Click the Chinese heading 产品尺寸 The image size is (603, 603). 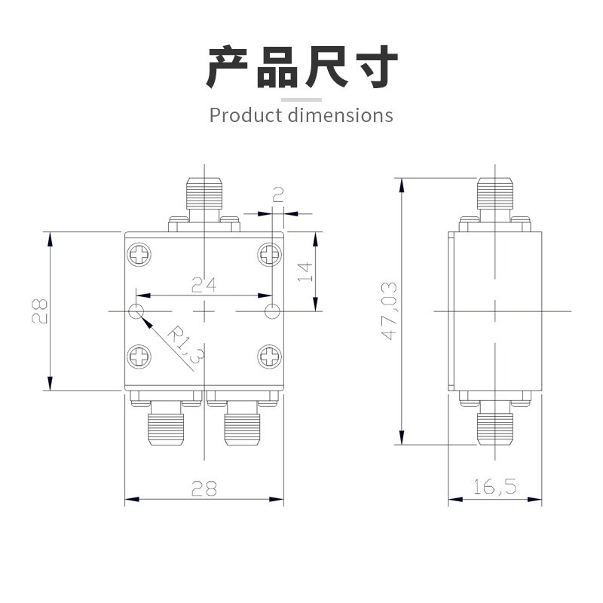coord(302,67)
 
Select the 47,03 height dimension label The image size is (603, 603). coord(389,311)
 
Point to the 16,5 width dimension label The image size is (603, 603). coord(494,486)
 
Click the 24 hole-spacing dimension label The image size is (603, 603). coord(204,285)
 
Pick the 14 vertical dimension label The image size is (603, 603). coord(305,271)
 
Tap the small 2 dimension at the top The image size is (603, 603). coord(277,194)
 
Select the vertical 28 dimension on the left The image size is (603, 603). coord(39,311)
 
